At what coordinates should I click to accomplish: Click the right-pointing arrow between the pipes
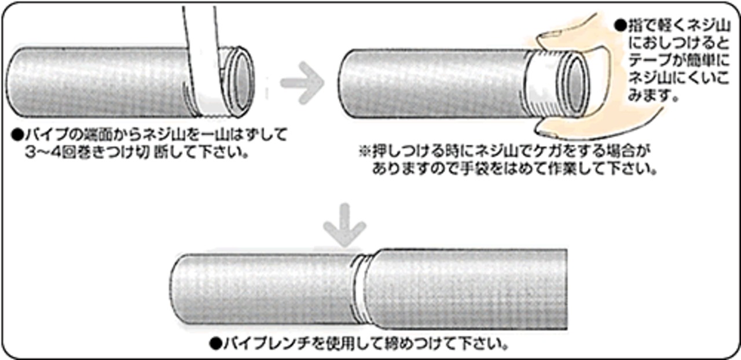click(303, 82)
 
